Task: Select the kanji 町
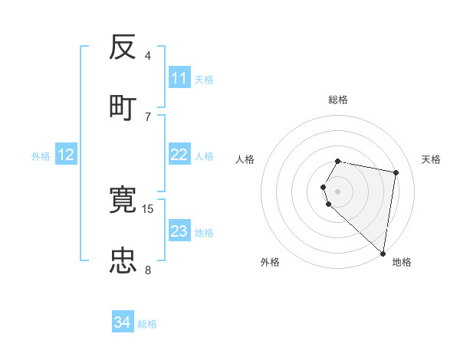pyautogui.click(x=123, y=106)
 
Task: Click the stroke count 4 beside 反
pyautogui.click(x=148, y=56)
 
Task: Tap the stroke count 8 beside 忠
pyautogui.click(x=148, y=269)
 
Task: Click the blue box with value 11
pyautogui.click(x=179, y=78)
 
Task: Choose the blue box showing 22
pyautogui.click(x=179, y=155)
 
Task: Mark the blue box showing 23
pyautogui.click(x=179, y=231)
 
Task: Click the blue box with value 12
pyautogui.click(x=66, y=155)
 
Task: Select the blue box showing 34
pyautogui.click(x=123, y=322)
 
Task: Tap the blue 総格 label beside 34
pyautogui.click(x=147, y=324)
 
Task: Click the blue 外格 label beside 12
pyautogui.click(x=41, y=156)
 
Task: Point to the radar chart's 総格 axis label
pyautogui.click(x=338, y=100)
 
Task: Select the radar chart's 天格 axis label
pyautogui.click(x=431, y=159)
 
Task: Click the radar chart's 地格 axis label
pyautogui.click(x=402, y=262)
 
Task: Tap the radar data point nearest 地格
pyautogui.click(x=383, y=253)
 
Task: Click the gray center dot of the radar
pyautogui.click(x=338, y=191)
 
